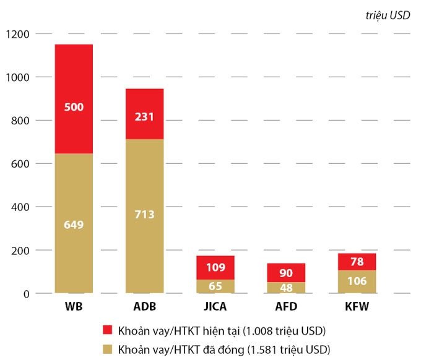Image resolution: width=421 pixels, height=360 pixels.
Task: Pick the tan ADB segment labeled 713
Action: [144, 215]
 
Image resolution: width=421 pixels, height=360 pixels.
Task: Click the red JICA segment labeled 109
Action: [215, 268]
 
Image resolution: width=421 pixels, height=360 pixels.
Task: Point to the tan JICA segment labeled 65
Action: [215, 286]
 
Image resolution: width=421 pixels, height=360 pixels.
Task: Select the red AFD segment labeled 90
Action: [286, 273]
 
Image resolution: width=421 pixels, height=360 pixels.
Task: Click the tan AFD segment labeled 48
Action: [286, 288]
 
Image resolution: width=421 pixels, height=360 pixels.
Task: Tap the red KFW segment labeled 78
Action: [357, 262]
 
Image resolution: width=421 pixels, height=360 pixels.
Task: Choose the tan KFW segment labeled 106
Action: [357, 281]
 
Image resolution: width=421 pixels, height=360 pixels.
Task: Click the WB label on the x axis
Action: [74, 307]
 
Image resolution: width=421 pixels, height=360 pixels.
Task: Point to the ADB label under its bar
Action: [144, 307]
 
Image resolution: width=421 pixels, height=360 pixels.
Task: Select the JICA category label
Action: [215, 307]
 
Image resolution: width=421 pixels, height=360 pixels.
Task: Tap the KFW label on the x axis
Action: [357, 307]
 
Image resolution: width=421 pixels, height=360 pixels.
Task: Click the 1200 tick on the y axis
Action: [17, 33]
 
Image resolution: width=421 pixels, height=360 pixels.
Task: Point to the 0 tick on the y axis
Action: [26, 294]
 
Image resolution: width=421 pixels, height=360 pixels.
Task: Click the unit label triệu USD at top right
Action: [388, 16]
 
